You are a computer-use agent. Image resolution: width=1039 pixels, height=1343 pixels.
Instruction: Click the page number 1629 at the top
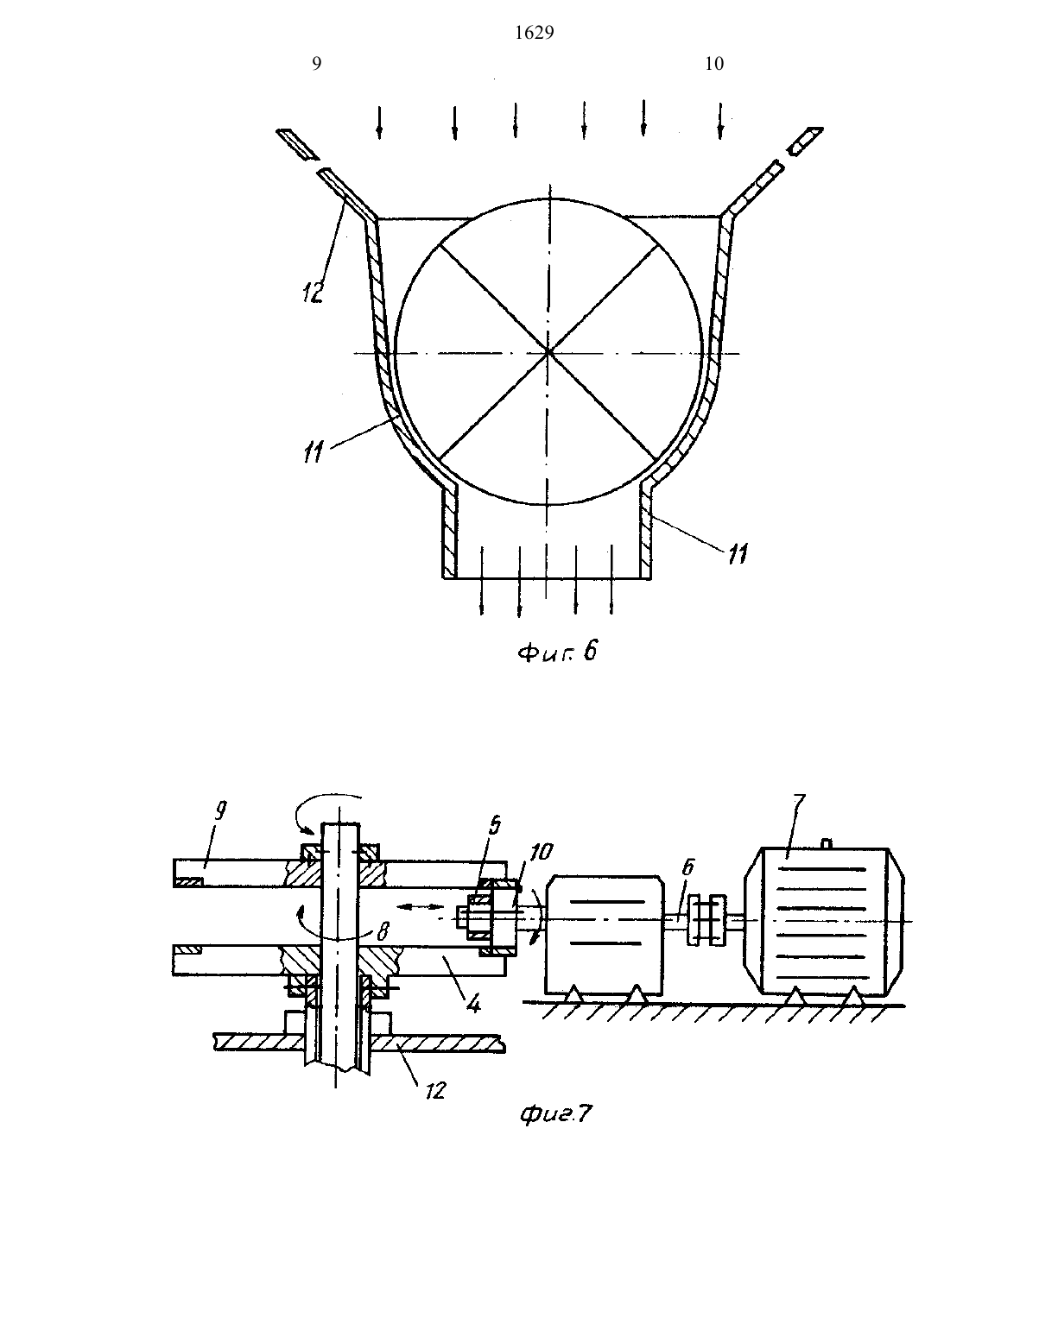point(534,34)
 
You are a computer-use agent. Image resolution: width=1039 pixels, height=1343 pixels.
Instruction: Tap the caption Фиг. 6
point(557,652)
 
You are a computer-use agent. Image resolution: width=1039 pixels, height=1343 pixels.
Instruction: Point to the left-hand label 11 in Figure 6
point(313,452)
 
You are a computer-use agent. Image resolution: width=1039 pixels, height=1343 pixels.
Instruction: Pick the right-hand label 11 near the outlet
point(738,554)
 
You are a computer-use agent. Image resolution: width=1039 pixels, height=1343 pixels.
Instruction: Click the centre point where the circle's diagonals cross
point(548,353)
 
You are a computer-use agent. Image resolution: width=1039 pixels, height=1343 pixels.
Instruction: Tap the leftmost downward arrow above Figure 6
point(379,122)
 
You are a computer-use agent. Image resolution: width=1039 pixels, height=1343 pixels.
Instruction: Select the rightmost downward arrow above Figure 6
point(720,121)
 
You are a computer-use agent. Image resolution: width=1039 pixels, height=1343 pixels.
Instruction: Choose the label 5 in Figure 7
point(494,826)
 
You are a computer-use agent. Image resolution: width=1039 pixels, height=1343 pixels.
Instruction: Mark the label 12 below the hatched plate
point(435,1090)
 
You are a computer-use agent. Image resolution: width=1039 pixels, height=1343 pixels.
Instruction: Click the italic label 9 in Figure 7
point(220,810)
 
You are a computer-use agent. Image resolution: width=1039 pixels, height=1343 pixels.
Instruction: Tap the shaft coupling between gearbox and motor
point(706,920)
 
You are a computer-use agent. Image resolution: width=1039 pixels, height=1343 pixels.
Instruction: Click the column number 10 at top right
point(714,64)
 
